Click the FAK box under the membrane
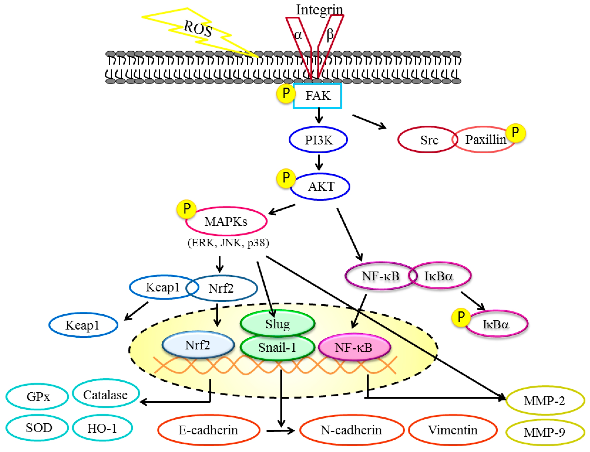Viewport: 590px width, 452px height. coord(317,96)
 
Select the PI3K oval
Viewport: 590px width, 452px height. coord(318,140)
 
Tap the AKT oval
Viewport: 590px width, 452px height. coord(320,187)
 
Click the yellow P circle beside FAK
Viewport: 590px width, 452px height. coord(286,93)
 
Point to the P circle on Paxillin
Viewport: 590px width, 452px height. coord(515,132)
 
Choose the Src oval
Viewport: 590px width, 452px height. coord(428,140)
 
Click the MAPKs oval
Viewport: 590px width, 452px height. coord(226,221)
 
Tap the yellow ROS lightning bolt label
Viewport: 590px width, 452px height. coord(198,28)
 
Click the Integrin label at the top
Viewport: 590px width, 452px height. coord(319,10)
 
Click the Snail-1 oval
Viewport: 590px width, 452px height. coord(278,347)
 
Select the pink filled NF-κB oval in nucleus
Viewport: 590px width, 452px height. coord(354,347)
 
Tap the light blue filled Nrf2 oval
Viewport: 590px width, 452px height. coord(198,345)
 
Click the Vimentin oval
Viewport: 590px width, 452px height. coord(453,430)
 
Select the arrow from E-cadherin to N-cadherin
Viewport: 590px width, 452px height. coord(280,431)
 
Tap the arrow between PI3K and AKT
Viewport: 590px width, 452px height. coord(319,162)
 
